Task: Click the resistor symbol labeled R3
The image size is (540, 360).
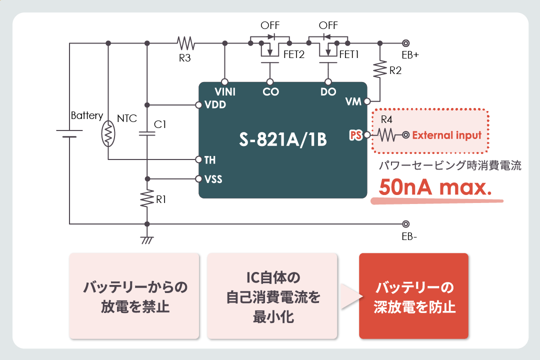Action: tap(185, 43)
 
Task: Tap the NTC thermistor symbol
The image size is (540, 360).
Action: tap(108, 133)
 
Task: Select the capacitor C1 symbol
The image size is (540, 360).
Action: tap(147, 133)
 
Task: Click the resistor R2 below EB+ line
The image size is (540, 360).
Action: tap(380, 69)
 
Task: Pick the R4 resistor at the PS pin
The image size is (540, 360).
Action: tap(386, 135)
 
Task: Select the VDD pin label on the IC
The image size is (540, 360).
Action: tap(215, 105)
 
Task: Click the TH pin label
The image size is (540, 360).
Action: tap(210, 160)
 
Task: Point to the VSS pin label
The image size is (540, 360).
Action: tap(213, 179)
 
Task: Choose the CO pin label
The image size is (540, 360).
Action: tap(270, 92)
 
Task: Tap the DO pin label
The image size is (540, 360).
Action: tap(328, 92)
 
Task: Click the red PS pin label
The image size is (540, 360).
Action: tap(356, 135)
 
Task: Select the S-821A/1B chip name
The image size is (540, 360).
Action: tap(282, 139)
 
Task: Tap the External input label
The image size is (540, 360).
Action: tap(446, 135)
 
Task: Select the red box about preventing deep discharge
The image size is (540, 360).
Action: tap(414, 296)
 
